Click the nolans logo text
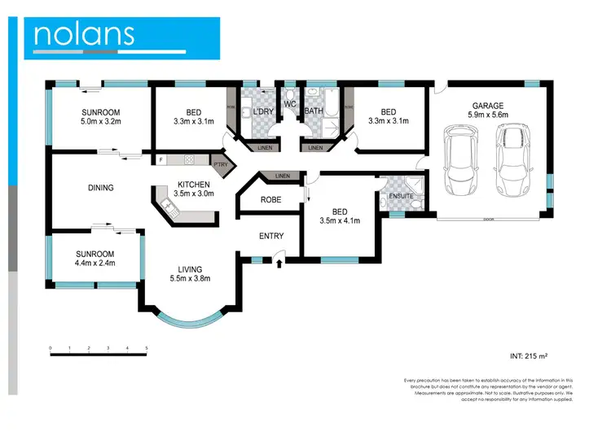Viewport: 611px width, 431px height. (83, 33)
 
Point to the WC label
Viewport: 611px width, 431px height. (290, 103)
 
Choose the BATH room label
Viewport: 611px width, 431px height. (313, 111)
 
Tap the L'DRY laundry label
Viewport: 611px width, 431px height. (262, 111)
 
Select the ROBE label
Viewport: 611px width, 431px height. (270, 199)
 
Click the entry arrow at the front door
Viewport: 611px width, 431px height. (279, 262)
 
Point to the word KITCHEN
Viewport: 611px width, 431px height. (195, 184)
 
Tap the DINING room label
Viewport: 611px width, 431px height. (100, 188)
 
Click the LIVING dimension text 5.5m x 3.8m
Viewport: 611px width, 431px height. (190, 278)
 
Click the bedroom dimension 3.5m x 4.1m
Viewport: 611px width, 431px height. (340, 220)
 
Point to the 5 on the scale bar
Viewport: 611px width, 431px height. (147, 349)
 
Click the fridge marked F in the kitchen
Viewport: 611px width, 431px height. (161, 160)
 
